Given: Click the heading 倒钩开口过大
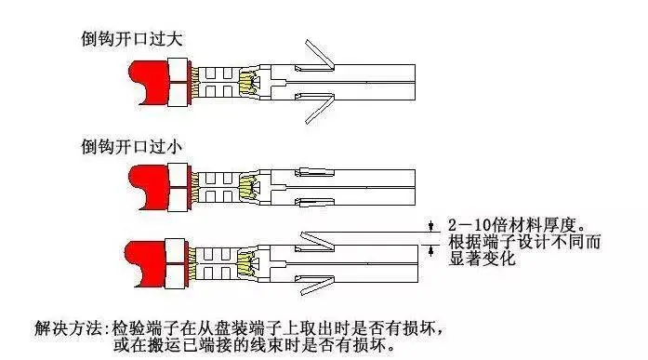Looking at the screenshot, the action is pos(131,39).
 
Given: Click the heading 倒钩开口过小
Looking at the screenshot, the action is pos(131,147).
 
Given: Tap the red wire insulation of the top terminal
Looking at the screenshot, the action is pos(149,83).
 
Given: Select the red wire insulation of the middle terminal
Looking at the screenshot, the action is pos(149,187).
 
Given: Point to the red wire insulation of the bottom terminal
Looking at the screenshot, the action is pos(145,264).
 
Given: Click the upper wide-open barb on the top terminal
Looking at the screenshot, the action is pos(320,56).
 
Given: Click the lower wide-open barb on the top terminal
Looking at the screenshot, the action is pos(320,108).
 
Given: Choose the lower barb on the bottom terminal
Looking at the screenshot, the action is pos(316,285).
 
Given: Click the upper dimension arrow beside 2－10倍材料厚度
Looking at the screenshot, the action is pos(431,226).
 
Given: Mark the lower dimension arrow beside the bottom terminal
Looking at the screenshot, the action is pos(431,250).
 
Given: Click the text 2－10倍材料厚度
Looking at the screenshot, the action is pos(517,225).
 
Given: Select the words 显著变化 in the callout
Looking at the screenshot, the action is pos(483,259).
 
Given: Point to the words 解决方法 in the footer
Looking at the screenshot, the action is pos(68,328).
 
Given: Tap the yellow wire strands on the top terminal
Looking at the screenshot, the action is pos(246,82).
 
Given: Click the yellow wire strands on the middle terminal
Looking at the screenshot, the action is pos(246,186).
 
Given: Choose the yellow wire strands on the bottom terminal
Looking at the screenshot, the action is pos(244,263).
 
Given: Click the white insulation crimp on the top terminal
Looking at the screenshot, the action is pos(179,82).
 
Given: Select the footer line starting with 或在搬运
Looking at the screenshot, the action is pos(254,345).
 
